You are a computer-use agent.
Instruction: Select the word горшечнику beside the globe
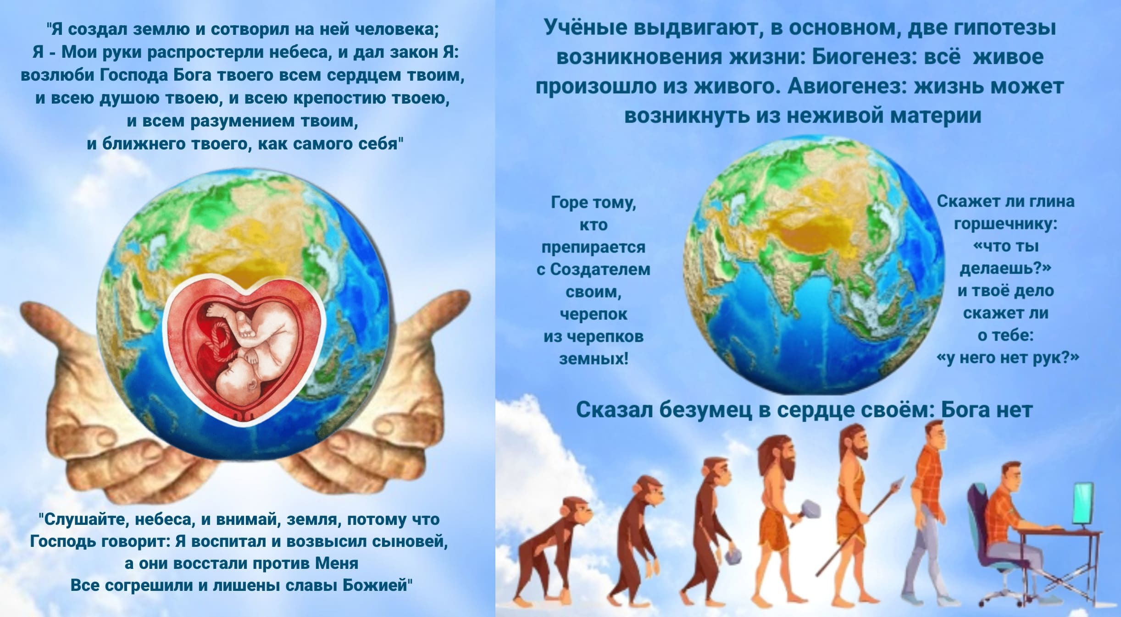coord(1005,224)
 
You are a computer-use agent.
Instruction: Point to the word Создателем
coord(600,269)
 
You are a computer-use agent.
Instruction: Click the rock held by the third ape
coord(734,555)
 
